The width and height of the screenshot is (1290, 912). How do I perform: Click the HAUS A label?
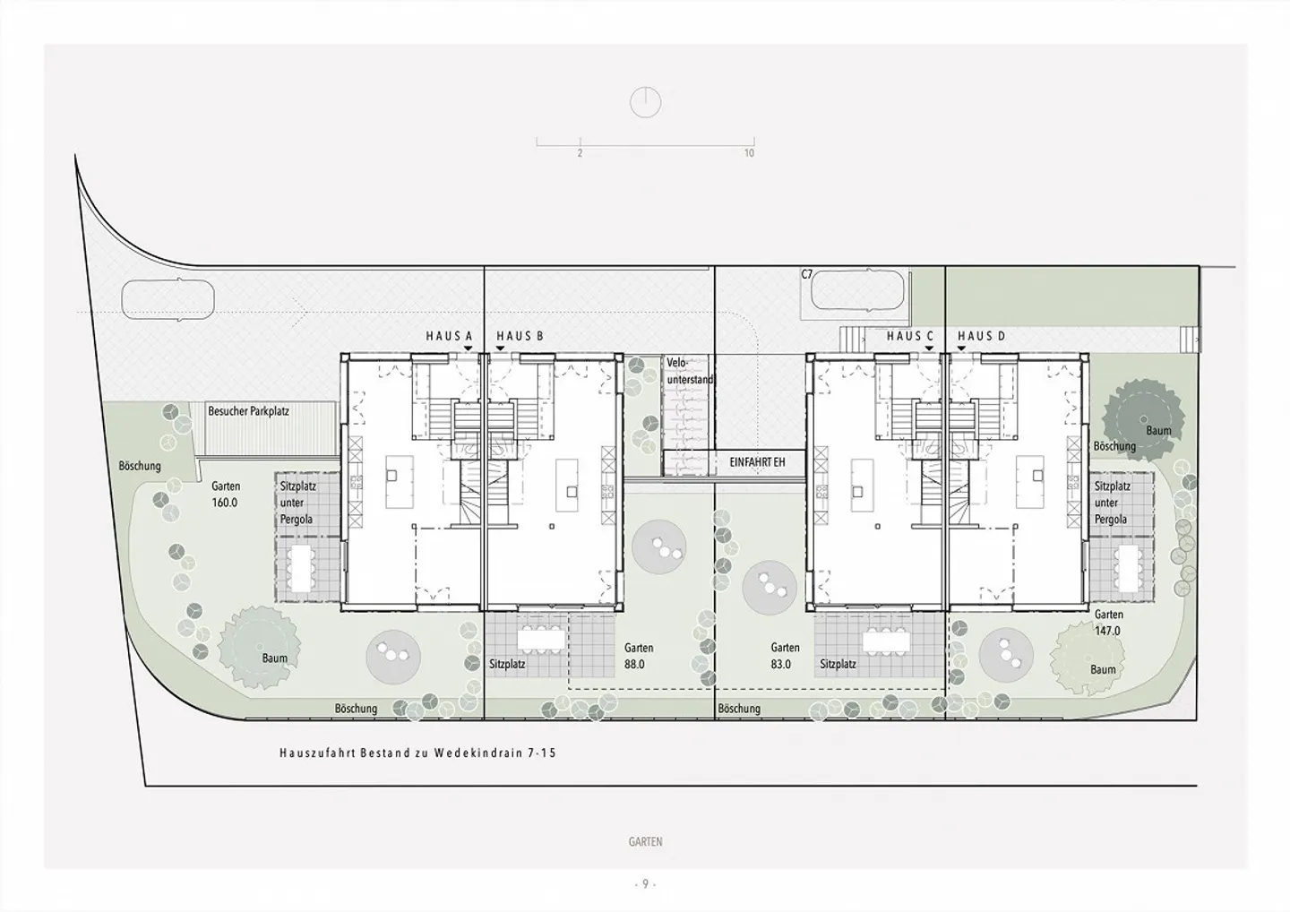(x=449, y=336)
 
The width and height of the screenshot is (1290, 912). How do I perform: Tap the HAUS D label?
(x=981, y=336)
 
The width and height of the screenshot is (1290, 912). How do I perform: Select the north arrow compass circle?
(x=646, y=102)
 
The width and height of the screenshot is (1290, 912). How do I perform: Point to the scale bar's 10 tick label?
(x=749, y=153)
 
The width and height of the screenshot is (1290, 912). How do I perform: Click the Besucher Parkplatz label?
(x=249, y=411)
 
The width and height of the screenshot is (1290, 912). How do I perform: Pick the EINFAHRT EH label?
(x=757, y=462)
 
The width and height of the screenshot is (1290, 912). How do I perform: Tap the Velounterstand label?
(x=690, y=372)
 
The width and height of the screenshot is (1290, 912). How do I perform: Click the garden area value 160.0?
(x=225, y=503)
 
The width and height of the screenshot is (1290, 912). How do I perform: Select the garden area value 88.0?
(x=634, y=664)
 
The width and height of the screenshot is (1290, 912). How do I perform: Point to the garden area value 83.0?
(x=781, y=664)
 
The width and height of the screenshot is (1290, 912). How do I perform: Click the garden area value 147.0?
(x=1108, y=631)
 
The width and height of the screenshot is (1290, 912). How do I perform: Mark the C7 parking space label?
(x=807, y=275)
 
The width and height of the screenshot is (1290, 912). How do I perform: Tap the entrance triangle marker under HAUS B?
(x=500, y=348)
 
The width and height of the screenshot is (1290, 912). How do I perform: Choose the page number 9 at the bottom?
(x=646, y=884)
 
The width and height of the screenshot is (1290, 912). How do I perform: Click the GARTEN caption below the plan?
(x=646, y=842)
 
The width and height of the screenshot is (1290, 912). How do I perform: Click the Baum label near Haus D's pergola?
(x=1158, y=431)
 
